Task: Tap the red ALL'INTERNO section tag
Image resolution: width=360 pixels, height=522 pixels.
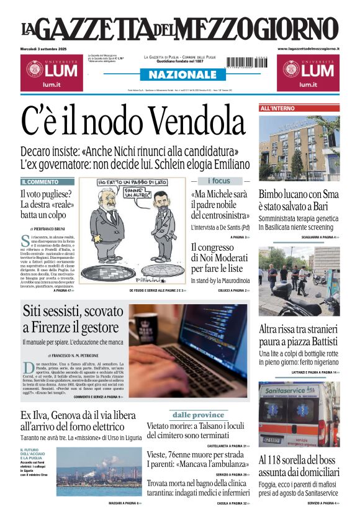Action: pos(278,109)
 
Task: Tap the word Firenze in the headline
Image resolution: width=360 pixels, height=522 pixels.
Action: pos(53,326)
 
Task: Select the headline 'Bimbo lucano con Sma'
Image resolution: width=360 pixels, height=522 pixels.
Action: pos(298,194)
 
